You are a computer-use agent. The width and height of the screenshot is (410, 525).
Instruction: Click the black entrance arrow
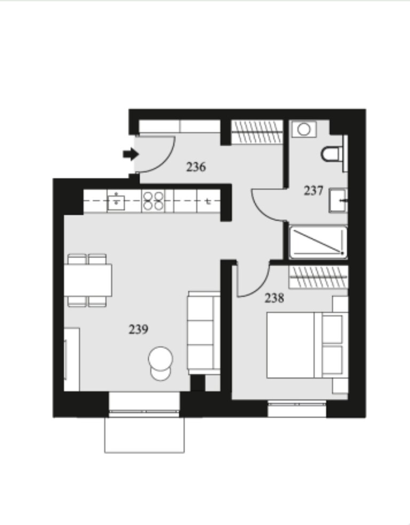[130, 155]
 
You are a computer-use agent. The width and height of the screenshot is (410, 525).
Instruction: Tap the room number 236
[196, 167]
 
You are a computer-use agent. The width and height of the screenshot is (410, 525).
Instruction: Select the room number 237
[313, 190]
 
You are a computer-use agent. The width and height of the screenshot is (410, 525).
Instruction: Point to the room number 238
[274, 298]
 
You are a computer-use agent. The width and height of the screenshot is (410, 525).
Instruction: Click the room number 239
[138, 329]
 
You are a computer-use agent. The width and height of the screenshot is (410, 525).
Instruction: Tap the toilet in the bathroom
[333, 153]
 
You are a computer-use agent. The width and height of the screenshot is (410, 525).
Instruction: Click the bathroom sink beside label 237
[338, 200]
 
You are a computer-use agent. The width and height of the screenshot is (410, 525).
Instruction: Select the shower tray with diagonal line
[318, 242]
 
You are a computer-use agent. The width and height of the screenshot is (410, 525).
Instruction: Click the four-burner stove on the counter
[153, 201]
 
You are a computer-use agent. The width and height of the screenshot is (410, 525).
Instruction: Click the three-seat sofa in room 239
[203, 332]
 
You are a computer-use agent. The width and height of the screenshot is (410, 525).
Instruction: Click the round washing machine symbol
[304, 129]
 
